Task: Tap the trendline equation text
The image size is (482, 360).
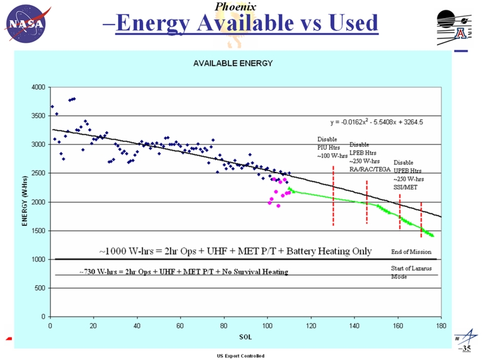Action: pyautogui.click(x=377, y=122)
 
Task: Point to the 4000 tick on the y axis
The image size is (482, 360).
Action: pyautogui.click(x=39, y=87)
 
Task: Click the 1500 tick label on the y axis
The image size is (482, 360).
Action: pyautogui.click(x=39, y=231)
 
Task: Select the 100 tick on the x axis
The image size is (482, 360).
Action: pyautogui.click(x=267, y=326)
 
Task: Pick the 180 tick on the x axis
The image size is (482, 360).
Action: pyautogui.click(x=441, y=326)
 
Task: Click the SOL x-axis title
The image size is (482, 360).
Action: pyautogui.click(x=245, y=337)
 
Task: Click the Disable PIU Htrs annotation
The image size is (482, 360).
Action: pyautogui.click(x=330, y=147)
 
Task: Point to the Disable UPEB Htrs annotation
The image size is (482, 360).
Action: pyautogui.click(x=407, y=174)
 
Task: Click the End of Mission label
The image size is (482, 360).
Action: pyautogui.click(x=409, y=251)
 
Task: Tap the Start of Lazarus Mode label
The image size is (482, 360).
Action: pyautogui.click(x=408, y=272)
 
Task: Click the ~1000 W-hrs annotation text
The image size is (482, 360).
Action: pyautogui.click(x=235, y=251)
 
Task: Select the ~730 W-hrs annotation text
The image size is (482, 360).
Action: pyautogui.click(x=183, y=272)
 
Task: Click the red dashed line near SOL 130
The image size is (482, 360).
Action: pyautogui.click(x=333, y=196)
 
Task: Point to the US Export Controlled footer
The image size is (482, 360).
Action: pyautogui.click(x=240, y=356)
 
